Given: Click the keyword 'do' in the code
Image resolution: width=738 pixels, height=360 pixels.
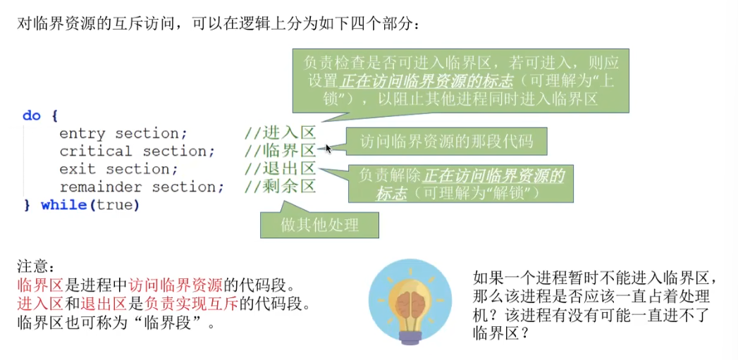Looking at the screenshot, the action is [32, 116].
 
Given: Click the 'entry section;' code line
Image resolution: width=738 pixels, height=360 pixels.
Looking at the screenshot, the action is [123, 133].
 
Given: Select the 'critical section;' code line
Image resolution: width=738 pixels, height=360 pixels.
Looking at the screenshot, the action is [137, 151].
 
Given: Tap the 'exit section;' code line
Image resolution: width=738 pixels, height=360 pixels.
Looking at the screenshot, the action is [118, 169].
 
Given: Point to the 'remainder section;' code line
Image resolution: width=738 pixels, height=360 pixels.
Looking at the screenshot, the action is [142, 187].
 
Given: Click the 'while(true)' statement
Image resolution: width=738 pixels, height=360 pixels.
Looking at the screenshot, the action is [90, 205].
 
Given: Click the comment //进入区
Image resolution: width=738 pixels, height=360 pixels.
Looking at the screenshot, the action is [280, 133].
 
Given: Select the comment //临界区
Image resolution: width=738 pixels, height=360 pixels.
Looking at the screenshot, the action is [280, 151].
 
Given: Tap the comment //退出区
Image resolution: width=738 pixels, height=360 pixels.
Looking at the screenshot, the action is [280, 169].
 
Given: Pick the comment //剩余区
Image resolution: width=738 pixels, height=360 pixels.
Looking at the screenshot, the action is [280, 187].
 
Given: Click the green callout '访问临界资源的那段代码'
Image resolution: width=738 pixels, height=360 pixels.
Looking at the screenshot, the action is [446, 142].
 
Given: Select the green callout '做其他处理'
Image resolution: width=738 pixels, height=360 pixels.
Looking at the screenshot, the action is [320, 225].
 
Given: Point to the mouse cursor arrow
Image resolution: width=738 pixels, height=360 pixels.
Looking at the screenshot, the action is [328, 148].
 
